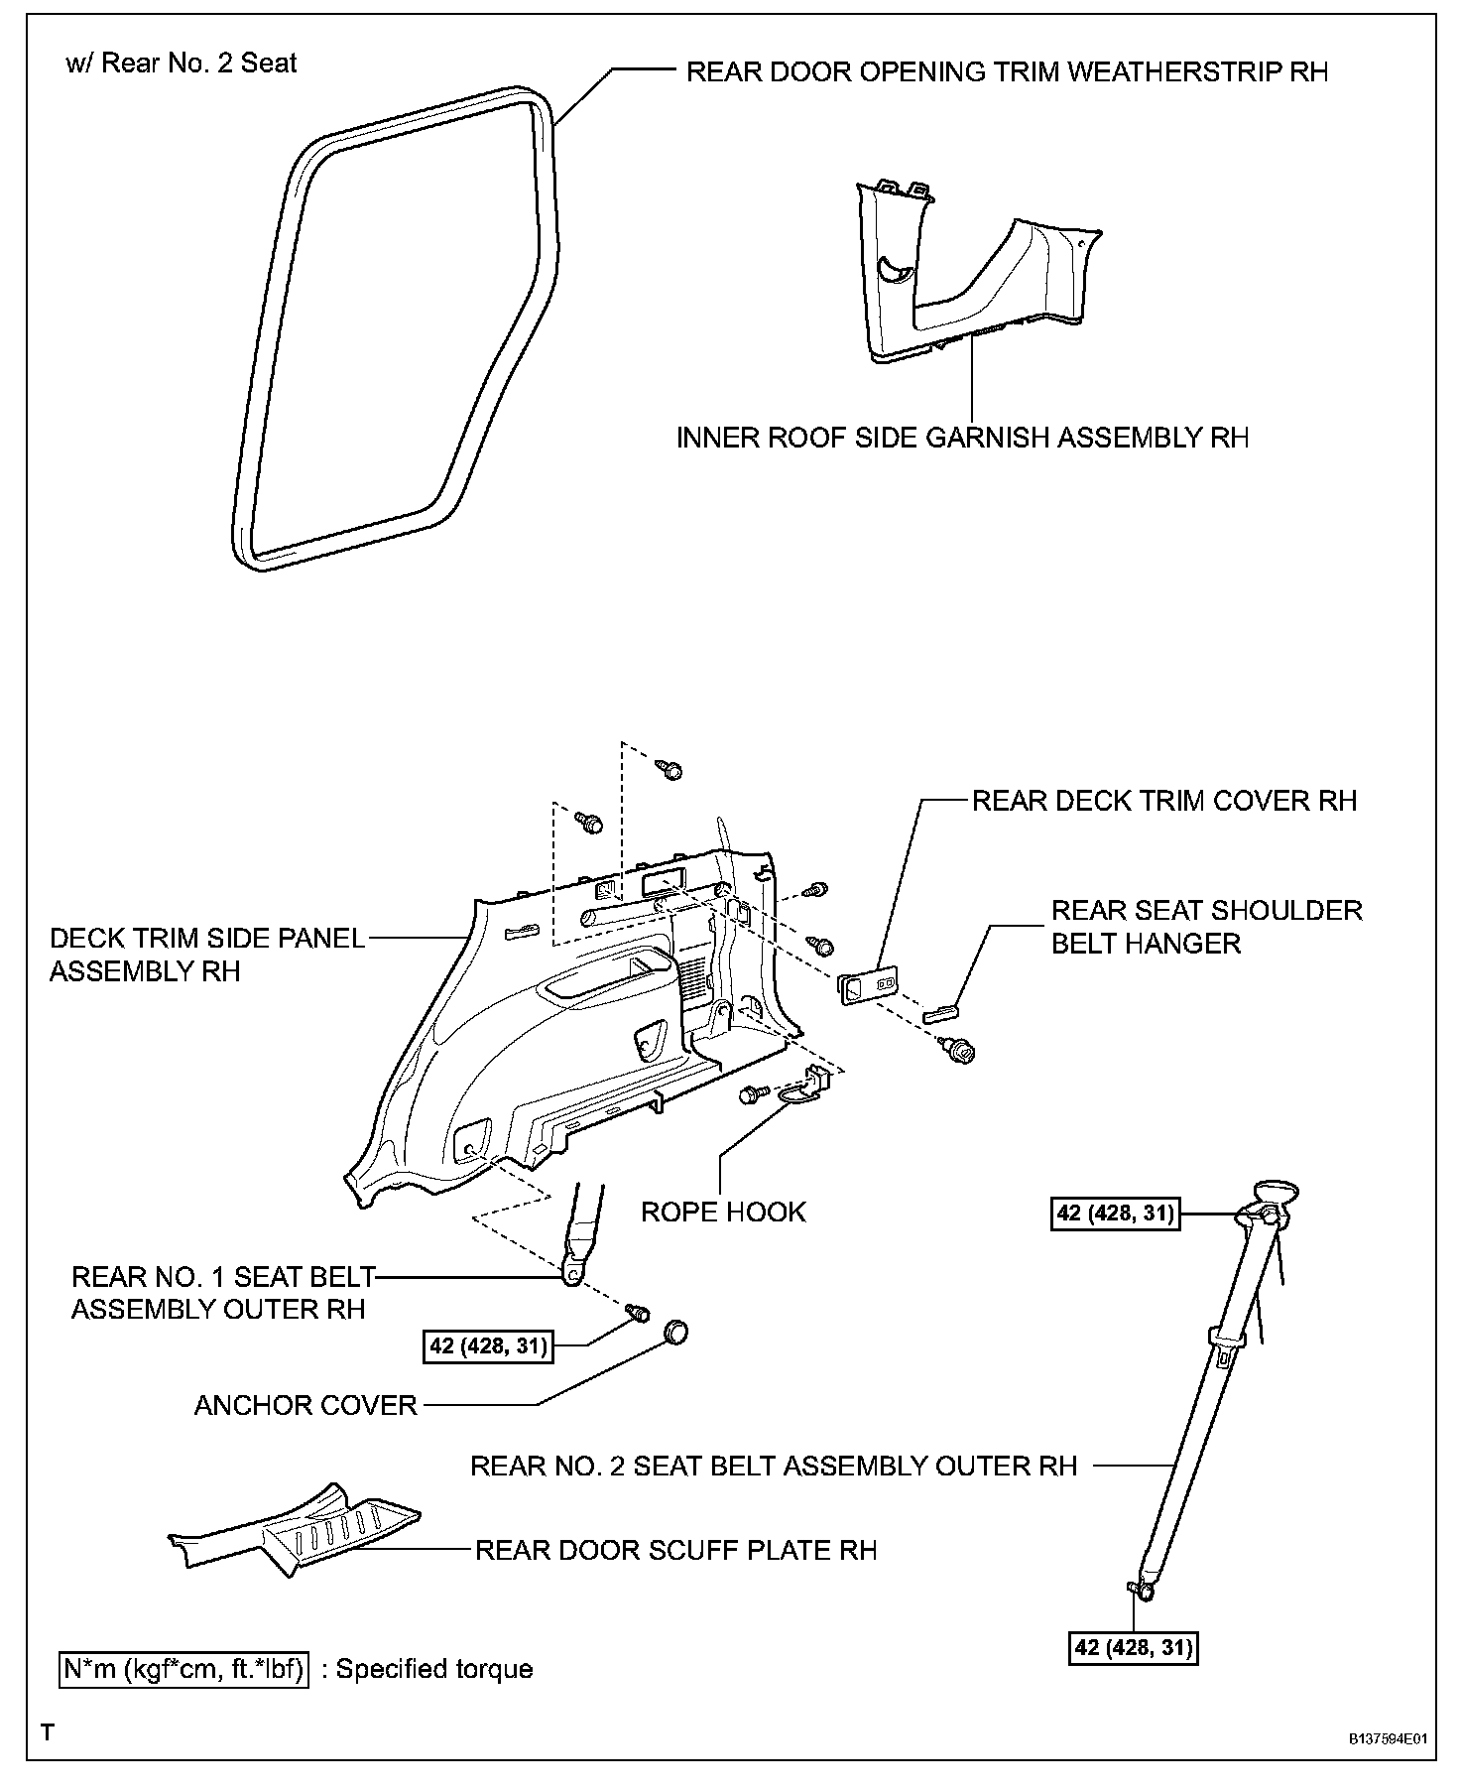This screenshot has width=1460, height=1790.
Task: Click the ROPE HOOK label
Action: pos(723,1212)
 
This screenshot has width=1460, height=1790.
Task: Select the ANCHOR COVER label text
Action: pos(305,1405)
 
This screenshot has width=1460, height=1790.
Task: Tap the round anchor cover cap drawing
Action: pos(674,1332)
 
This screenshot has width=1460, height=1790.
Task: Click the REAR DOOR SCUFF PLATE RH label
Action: pos(675,1550)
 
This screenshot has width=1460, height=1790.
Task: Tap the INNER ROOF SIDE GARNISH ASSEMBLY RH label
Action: pos(962,438)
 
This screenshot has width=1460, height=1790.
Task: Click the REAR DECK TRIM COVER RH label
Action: pos(1163,801)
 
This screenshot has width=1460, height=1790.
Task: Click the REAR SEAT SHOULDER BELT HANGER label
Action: pos(1206,926)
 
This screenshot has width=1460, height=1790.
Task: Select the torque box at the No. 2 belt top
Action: pos(1115,1214)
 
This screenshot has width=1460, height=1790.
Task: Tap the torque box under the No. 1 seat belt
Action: pos(488,1346)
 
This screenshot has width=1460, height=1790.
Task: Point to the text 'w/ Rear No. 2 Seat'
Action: pos(182,64)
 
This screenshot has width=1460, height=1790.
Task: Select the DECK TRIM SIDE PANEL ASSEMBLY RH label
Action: pos(207,955)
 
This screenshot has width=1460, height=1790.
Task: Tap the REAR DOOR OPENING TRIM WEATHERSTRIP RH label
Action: pos(1007,71)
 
